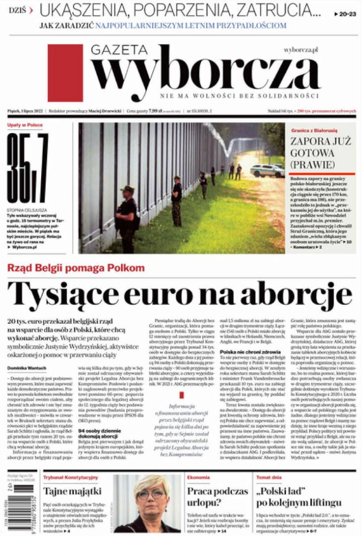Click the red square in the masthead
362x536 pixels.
point(65,73)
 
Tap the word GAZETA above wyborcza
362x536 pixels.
point(119,50)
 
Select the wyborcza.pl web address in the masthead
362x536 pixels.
point(301,50)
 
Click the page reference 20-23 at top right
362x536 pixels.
point(346,15)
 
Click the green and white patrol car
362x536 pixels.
point(267,170)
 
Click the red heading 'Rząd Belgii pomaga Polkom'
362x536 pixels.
point(76,268)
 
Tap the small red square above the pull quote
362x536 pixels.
point(181,395)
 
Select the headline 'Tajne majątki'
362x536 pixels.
point(72,491)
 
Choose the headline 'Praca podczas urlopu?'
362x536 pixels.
point(217,496)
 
